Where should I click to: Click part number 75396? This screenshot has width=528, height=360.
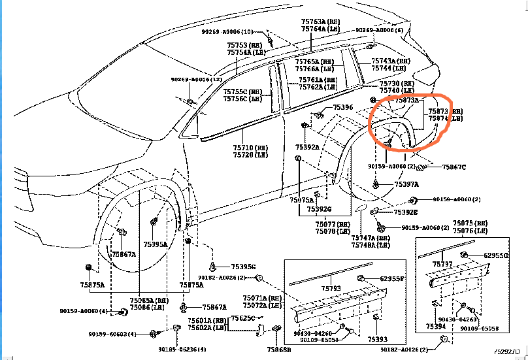tap(342, 107)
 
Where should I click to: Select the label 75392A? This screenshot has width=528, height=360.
tap(307, 148)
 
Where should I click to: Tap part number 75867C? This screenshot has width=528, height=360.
tap(454, 168)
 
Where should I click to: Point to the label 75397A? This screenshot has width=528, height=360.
tap(406, 185)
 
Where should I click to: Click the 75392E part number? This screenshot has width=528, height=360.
tap(406, 212)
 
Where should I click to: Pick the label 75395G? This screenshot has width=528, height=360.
tap(243, 267)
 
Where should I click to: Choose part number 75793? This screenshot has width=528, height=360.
tap(331, 287)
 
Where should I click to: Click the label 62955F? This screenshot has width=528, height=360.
tap(393, 279)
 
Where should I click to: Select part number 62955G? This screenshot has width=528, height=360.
tap(496, 255)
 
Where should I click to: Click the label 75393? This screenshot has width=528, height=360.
tap(377, 340)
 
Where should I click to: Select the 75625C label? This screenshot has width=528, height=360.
tap(242, 318)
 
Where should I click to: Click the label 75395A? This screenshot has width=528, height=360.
tap(156, 244)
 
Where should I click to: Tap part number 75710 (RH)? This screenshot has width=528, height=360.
tap(250, 148)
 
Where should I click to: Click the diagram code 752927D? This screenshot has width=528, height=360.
tap(510, 351)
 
